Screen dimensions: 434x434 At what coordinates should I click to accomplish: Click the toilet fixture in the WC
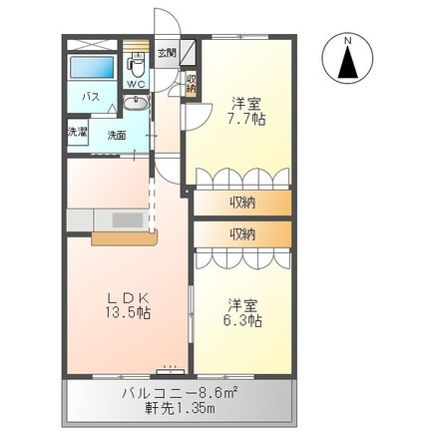coord(137,65)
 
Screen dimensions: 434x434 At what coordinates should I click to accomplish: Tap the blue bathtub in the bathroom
coord(92,67)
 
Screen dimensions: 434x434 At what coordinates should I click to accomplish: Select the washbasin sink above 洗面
coord(136,103)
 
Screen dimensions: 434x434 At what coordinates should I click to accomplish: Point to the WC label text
coord(137,85)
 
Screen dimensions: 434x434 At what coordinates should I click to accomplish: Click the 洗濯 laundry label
coord(78,133)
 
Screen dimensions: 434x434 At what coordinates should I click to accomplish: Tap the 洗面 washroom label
coord(117,136)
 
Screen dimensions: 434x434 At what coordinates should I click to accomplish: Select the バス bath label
coord(91,97)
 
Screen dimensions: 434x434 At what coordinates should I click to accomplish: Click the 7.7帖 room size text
coord(246,119)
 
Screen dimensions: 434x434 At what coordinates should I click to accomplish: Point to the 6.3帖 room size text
coord(242,320)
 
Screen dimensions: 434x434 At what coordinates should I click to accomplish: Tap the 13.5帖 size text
coord(128,312)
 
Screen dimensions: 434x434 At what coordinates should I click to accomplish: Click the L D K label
coord(129,297)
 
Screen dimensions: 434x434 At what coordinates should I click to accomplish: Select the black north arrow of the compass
coord(348,62)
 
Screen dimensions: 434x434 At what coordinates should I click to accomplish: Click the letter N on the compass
coord(348,41)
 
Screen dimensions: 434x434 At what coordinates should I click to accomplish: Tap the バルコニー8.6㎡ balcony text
coord(180,393)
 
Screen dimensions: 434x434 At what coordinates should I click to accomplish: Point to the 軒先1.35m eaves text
coord(180,408)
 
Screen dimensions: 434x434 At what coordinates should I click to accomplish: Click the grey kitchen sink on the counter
coord(128,220)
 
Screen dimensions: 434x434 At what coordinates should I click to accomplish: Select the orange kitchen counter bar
coord(125,239)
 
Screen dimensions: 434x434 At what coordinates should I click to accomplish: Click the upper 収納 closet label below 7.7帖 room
coord(242,202)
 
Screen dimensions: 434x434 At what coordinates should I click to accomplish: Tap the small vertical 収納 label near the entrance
coord(191,85)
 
